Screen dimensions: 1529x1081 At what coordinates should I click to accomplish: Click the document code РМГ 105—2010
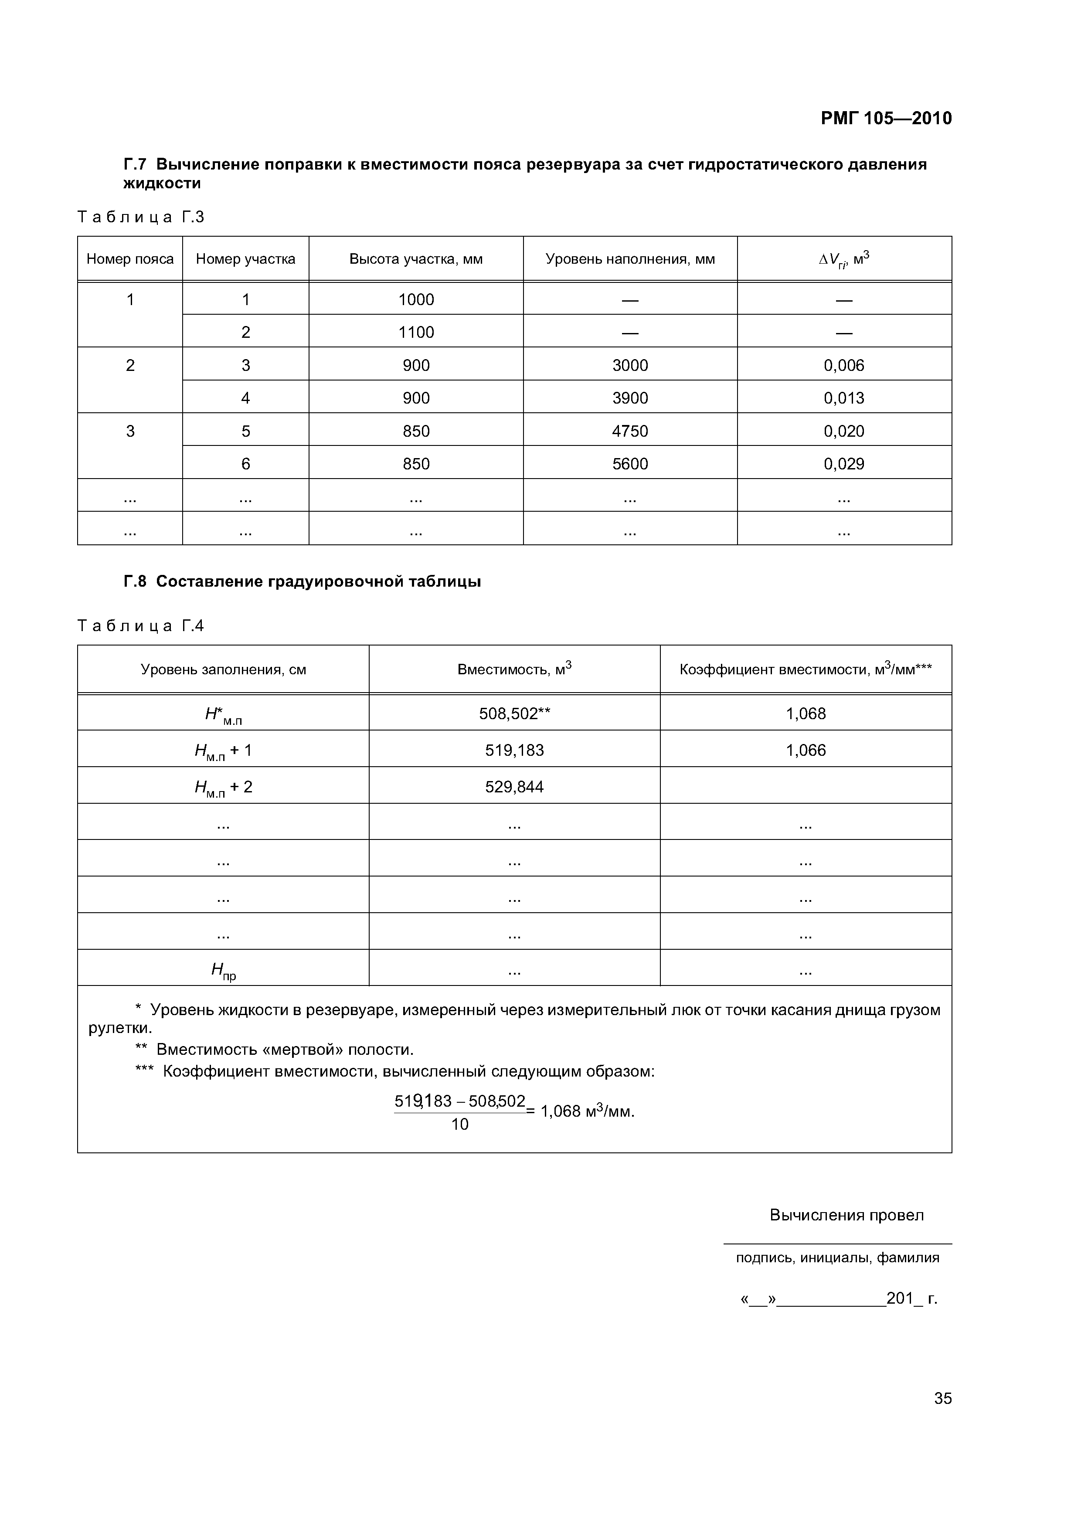(x=885, y=119)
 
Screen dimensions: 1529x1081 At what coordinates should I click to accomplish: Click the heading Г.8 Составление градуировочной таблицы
(x=303, y=581)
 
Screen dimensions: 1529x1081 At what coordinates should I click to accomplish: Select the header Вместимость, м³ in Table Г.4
(x=514, y=669)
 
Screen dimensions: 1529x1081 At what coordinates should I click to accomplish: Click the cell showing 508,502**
(x=514, y=714)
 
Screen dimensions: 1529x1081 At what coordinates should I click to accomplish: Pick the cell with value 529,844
(x=514, y=787)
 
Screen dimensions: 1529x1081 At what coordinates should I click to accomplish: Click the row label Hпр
(x=223, y=972)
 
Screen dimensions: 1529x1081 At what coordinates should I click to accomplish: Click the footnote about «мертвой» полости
(x=275, y=1050)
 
